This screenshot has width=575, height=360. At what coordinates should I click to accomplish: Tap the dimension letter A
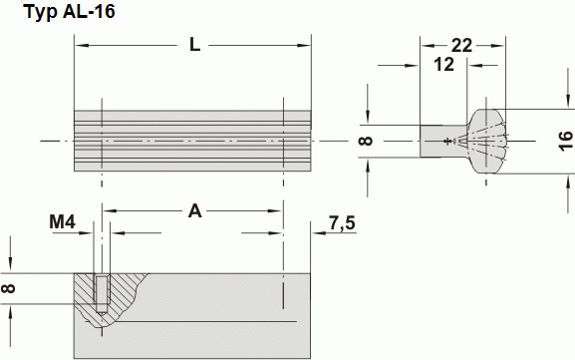coord(195,210)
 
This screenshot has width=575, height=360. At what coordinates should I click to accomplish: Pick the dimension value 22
coord(460,46)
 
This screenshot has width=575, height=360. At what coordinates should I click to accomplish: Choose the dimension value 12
coord(444,65)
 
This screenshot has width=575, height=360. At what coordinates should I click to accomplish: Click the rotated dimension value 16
coord(565,141)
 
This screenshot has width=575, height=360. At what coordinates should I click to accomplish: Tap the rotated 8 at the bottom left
coord(10,288)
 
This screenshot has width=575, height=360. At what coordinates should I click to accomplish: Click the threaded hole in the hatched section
coord(101,291)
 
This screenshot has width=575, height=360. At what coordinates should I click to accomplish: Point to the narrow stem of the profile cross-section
coord(434,141)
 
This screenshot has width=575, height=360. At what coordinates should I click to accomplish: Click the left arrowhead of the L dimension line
coord(81,46)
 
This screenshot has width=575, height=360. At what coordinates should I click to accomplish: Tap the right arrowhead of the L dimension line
coord(305,46)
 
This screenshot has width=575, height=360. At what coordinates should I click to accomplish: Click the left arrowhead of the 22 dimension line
coord(426,46)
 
